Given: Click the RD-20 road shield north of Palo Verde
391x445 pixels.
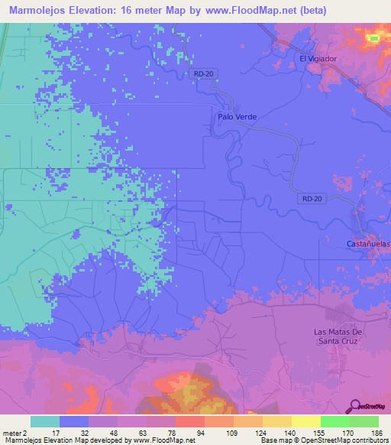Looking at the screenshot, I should pos(200,73).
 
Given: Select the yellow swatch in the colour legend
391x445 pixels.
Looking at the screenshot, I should pos(306,421).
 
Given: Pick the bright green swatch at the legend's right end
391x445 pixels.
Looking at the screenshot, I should pos(364,421).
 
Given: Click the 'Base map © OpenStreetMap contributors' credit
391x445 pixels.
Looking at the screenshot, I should pos(323,440).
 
